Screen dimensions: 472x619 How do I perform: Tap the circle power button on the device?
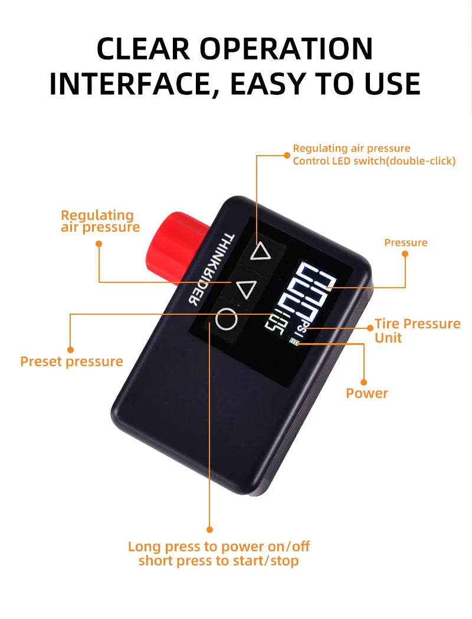tap(227, 318)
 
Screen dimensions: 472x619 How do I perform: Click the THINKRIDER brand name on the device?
tap(211, 269)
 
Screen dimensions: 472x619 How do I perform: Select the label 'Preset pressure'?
tap(71, 361)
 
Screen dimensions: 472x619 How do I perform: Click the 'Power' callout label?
tap(366, 393)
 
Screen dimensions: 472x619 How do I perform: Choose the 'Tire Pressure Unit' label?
tap(418, 331)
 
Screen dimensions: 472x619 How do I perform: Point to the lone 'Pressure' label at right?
tap(406, 242)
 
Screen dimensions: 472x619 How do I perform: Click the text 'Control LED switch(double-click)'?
tap(374, 161)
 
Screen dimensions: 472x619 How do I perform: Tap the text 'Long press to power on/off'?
tap(219, 546)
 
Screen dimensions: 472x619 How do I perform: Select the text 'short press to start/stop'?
tap(218, 561)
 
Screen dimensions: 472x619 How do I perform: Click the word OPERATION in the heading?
tap(286, 49)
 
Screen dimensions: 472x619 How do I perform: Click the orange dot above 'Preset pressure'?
tap(70, 350)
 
